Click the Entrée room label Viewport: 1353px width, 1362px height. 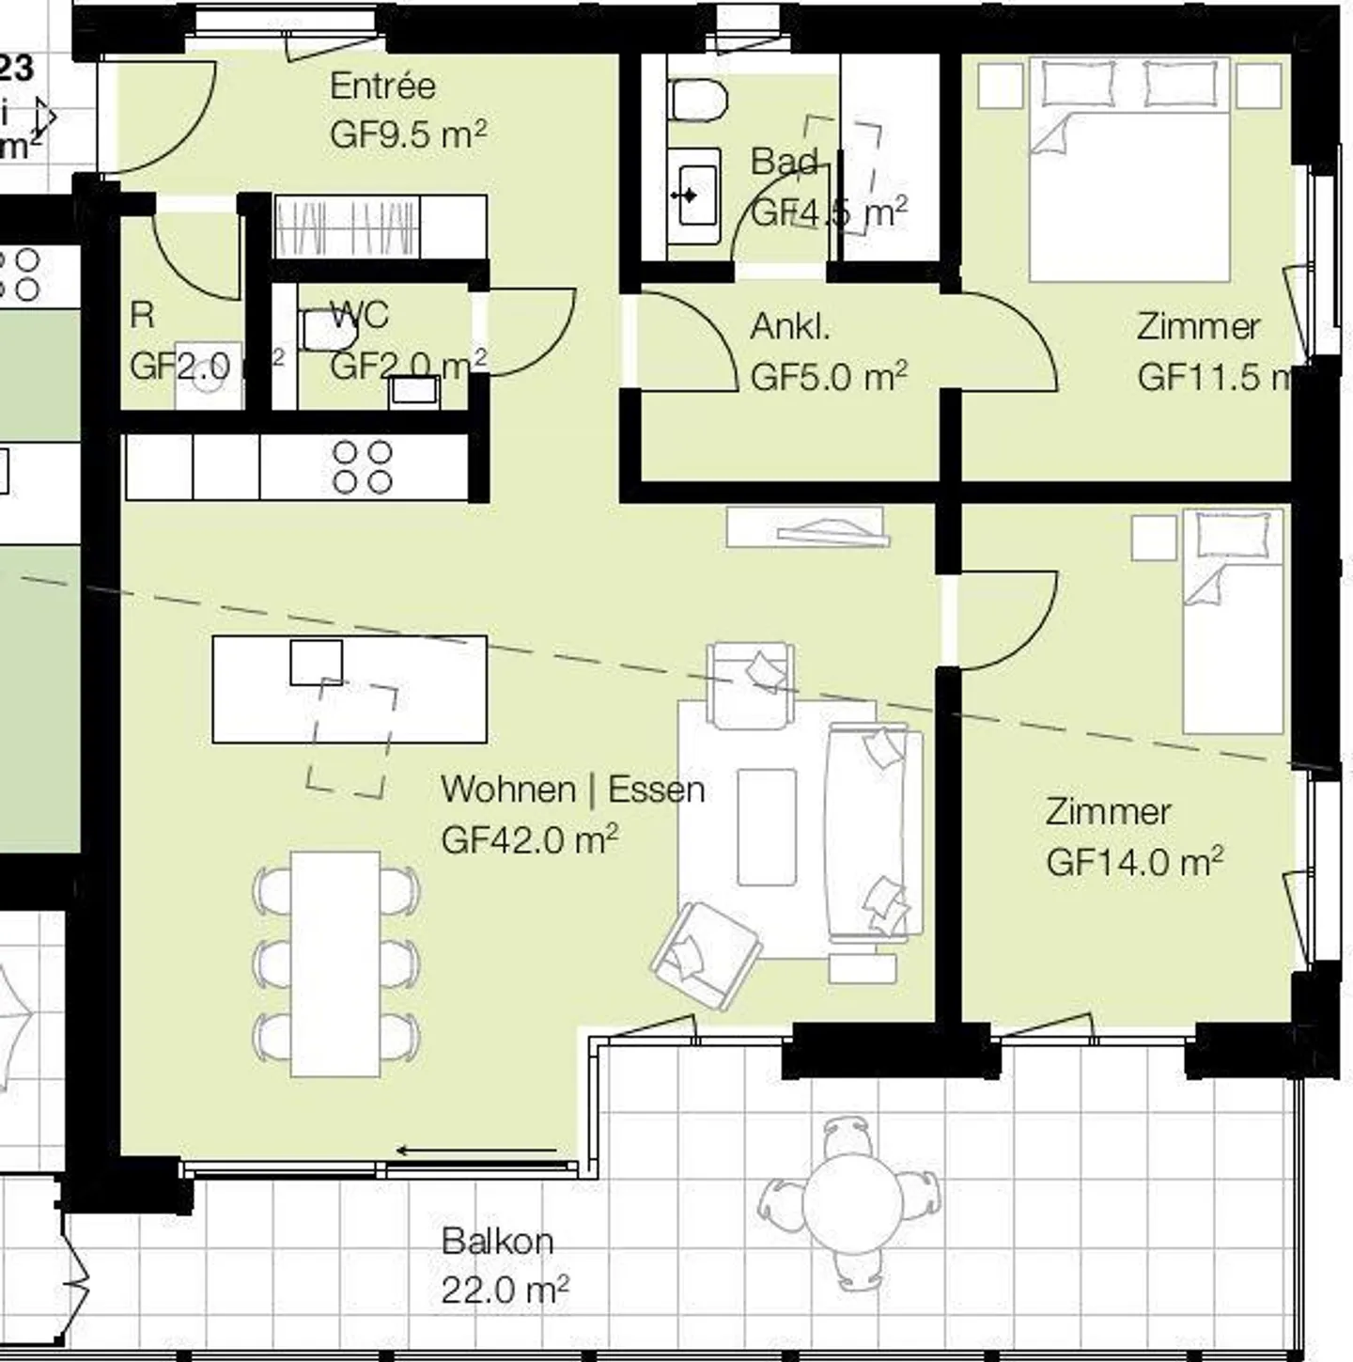point(382,86)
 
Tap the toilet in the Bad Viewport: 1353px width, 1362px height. point(698,100)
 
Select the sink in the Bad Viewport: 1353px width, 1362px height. point(695,196)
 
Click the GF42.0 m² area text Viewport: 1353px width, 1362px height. point(529,839)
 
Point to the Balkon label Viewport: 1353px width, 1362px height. point(497,1241)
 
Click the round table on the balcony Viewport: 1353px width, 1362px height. point(853,1199)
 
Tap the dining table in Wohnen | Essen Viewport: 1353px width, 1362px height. point(335,963)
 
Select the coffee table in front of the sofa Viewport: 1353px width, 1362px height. point(767,826)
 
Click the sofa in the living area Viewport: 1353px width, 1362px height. point(867,832)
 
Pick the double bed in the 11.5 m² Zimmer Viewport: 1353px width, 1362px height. point(1129,169)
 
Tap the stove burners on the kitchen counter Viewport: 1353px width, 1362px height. point(363,467)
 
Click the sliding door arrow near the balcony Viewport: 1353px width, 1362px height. point(476,1150)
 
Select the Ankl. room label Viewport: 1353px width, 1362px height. point(790,327)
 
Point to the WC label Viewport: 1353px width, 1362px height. point(359,315)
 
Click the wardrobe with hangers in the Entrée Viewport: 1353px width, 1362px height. point(348,227)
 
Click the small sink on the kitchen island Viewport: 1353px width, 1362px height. point(316,662)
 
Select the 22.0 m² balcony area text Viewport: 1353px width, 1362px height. point(505,1291)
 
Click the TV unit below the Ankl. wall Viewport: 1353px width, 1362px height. point(806,527)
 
